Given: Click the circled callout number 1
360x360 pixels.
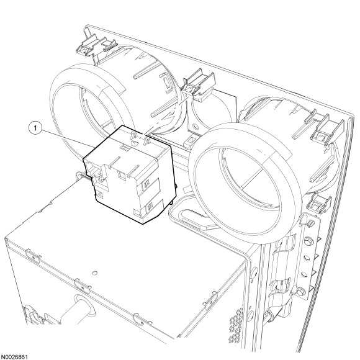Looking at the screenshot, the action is click(35, 128).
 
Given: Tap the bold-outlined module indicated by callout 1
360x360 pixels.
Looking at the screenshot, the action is click(130, 174).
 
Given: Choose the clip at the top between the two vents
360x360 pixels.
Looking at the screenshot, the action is click(199, 84).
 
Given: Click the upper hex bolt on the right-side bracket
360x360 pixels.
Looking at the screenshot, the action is click(307, 241).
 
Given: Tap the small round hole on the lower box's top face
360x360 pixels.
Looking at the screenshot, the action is click(94, 273).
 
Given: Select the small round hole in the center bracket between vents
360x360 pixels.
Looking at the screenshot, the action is click(196, 126).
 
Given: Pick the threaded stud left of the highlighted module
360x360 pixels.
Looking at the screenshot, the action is click(82, 175).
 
